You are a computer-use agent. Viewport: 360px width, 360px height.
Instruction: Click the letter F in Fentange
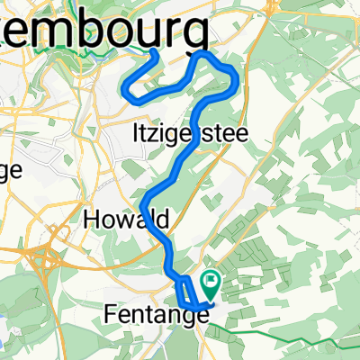coord(111,316)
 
